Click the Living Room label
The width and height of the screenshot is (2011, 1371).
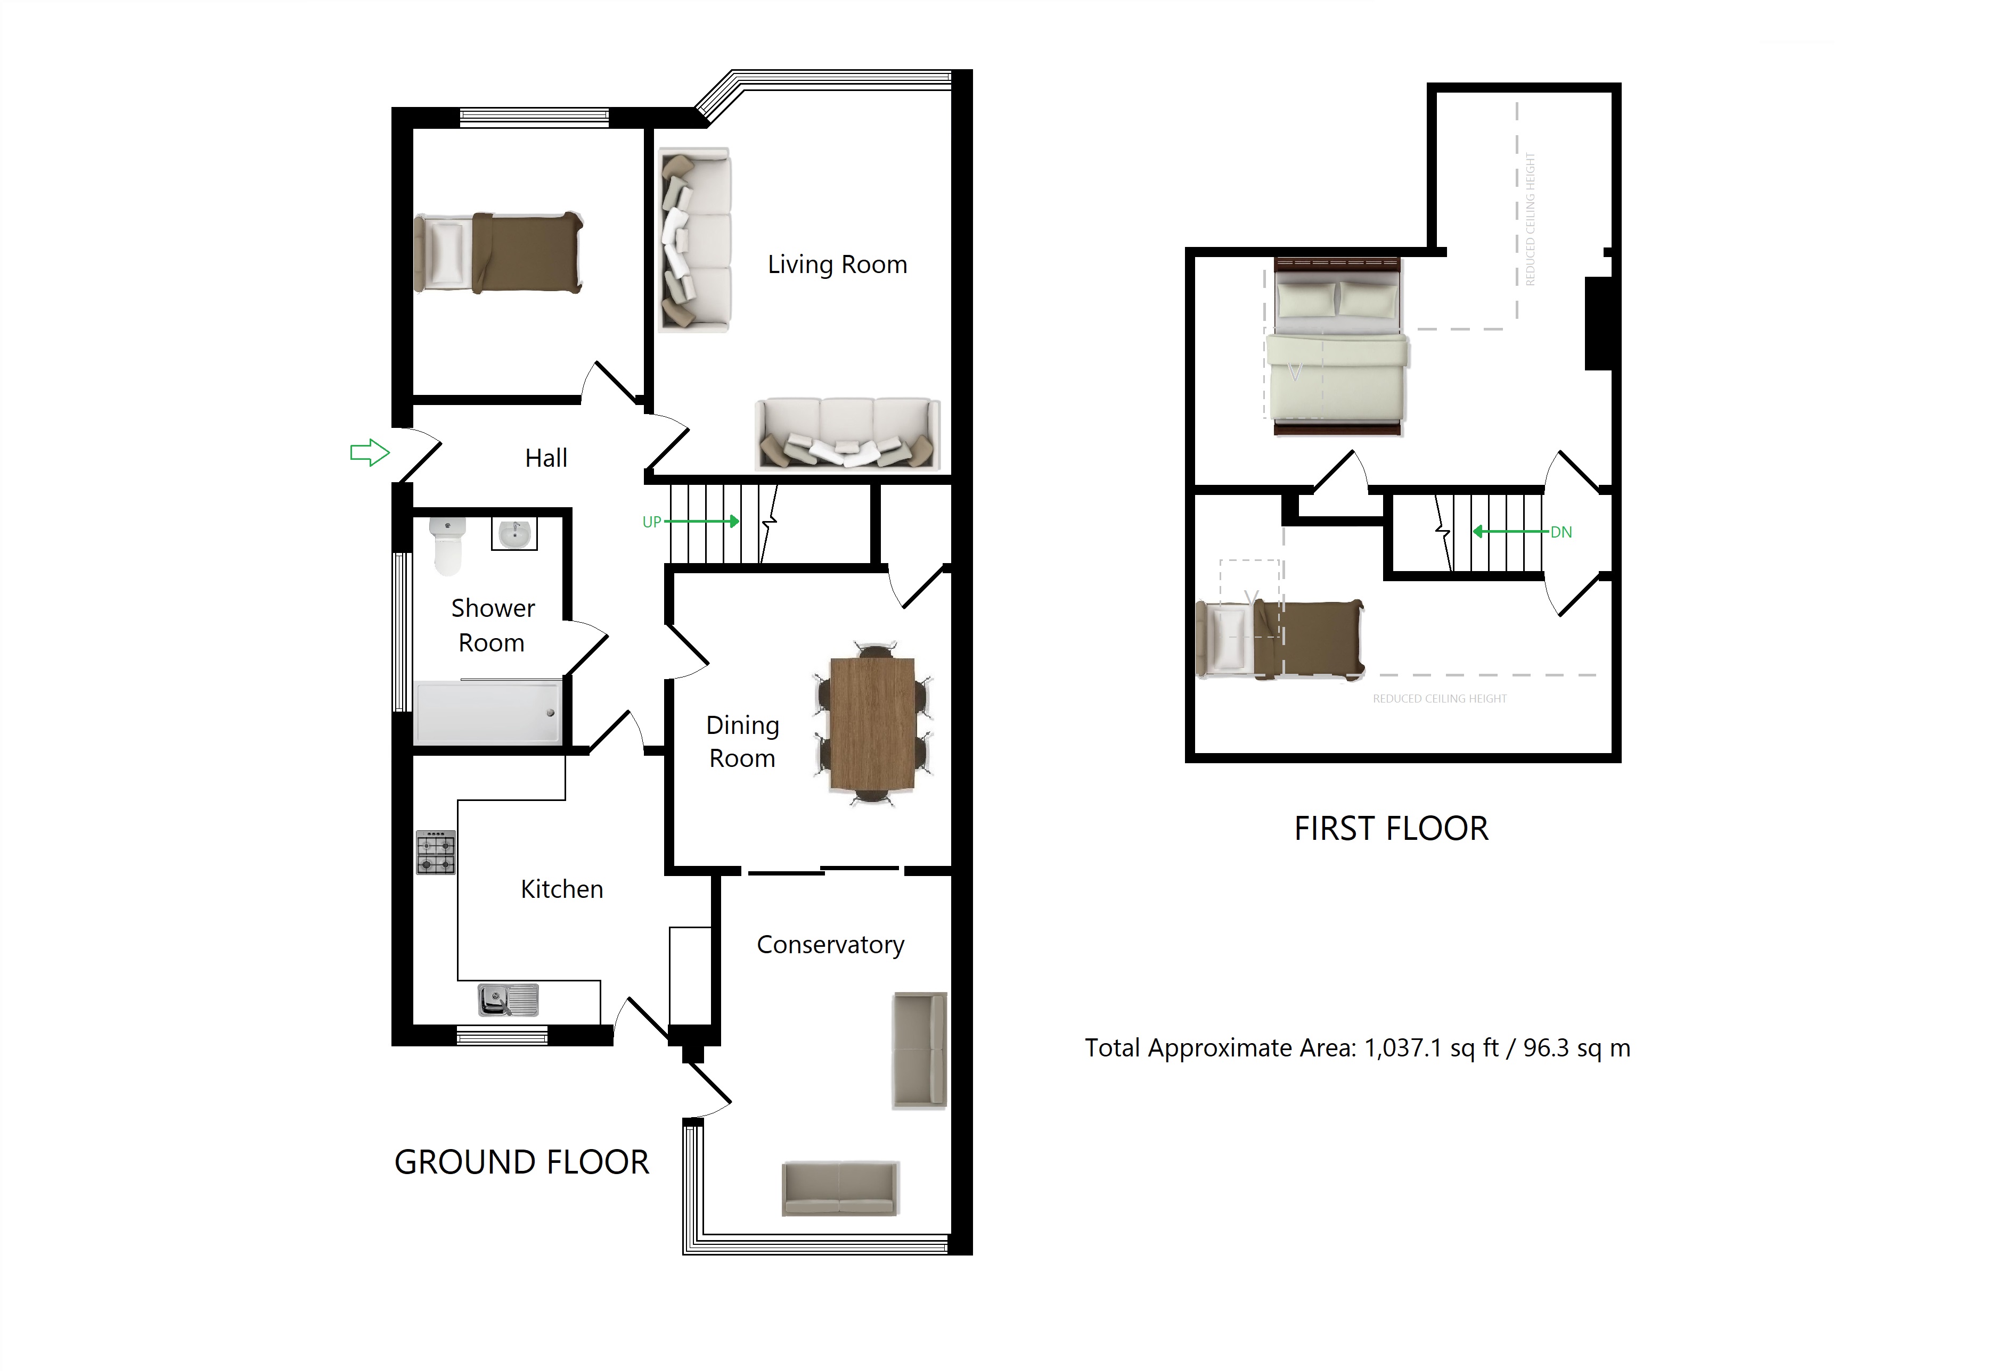(x=837, y=265)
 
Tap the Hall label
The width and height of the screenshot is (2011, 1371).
(x=546, y=458)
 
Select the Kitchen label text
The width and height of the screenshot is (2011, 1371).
(x=561, y=889)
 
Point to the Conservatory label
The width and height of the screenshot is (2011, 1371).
(x=830, y=945)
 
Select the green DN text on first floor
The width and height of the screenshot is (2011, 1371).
(x=1561, y=532)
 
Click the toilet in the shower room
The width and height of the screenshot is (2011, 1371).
(x=447, y=545)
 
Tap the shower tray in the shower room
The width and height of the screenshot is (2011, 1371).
(x=488, y=713)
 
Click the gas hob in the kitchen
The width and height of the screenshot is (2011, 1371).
(x=435, y=853)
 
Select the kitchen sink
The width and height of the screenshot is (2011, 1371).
(x=508, y=1000)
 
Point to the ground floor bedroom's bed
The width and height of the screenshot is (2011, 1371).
(x=498, y=253)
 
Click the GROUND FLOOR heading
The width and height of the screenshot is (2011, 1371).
(x=522, y=1162)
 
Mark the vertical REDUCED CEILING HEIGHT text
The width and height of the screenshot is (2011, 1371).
(x=1530, y=219)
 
